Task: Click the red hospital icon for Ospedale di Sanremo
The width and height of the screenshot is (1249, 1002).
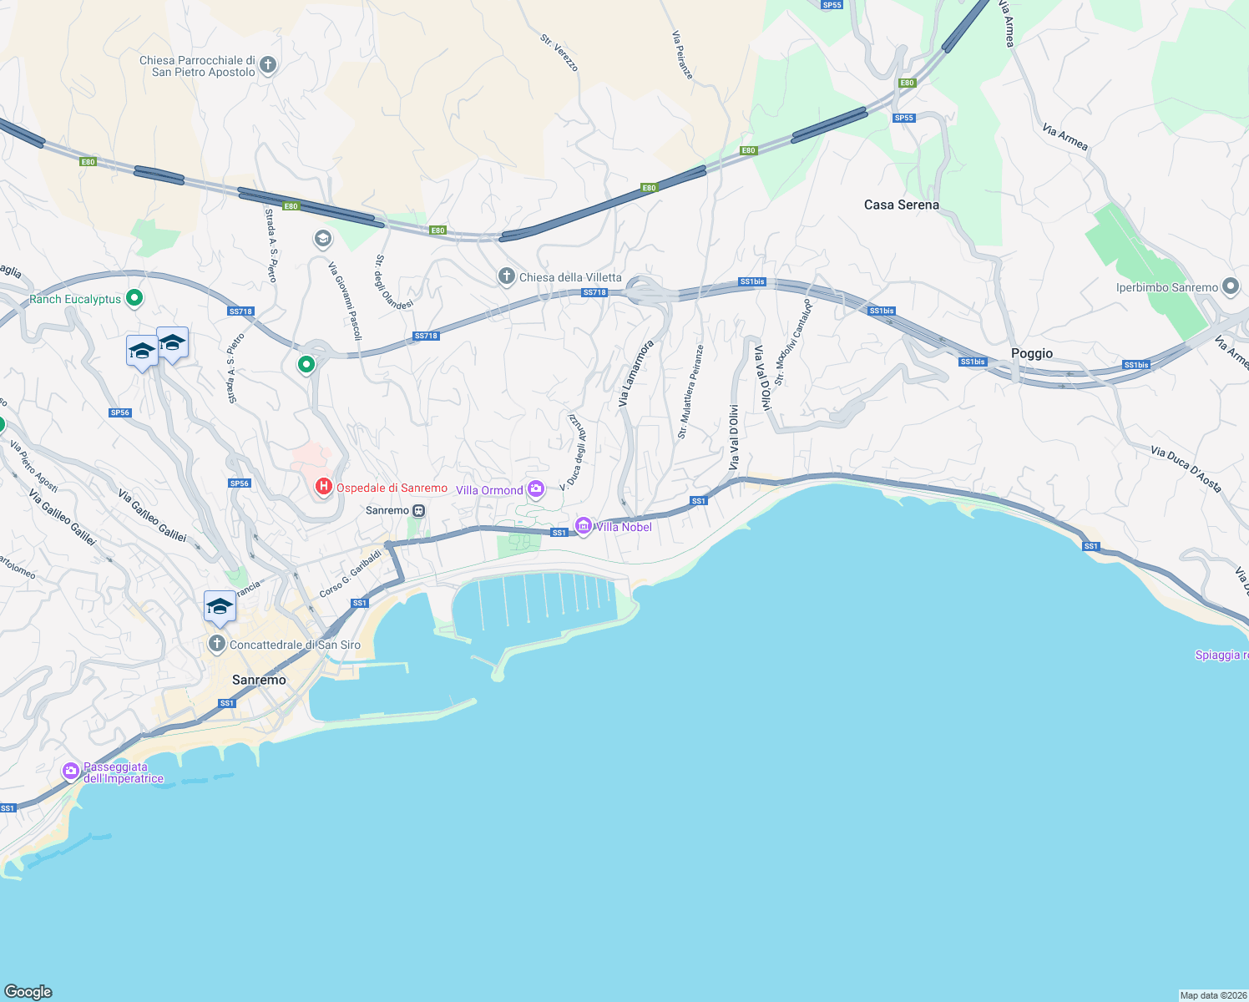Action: [323, 487]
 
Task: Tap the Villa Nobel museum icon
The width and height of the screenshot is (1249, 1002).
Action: [584, 526]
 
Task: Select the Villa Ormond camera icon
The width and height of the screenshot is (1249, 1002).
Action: [535, 489]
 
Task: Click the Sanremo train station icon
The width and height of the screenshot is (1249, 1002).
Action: [419, 510]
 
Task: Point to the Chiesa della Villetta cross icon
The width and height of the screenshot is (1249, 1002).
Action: [506, 276]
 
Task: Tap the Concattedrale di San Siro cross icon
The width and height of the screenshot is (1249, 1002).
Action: [217, 644]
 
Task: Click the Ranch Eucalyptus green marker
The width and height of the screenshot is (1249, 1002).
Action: [134, 298]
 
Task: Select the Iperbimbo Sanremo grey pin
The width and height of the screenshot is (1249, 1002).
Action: [1230, 286]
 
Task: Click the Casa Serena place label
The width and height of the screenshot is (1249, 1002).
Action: [901, 205]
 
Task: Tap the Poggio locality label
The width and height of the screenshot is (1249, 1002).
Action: [1031, 353]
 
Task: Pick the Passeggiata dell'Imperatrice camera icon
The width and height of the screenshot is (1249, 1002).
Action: [71, 771]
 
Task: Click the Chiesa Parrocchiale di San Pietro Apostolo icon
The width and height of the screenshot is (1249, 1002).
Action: [268, 64]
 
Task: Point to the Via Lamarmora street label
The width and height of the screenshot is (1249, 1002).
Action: [635, 373]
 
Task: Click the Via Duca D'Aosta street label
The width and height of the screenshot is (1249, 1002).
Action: [1186, 468]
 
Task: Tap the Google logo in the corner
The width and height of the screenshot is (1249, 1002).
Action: [28, 991]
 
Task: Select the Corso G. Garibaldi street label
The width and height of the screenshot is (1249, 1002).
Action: [350, 574]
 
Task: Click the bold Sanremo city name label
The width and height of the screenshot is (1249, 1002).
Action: [259, 680]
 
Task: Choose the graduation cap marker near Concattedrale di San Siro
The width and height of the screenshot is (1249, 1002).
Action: [220, 606]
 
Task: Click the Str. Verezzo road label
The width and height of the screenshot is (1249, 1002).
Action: [559, 53]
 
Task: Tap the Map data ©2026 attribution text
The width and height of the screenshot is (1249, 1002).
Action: [1213, 995]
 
